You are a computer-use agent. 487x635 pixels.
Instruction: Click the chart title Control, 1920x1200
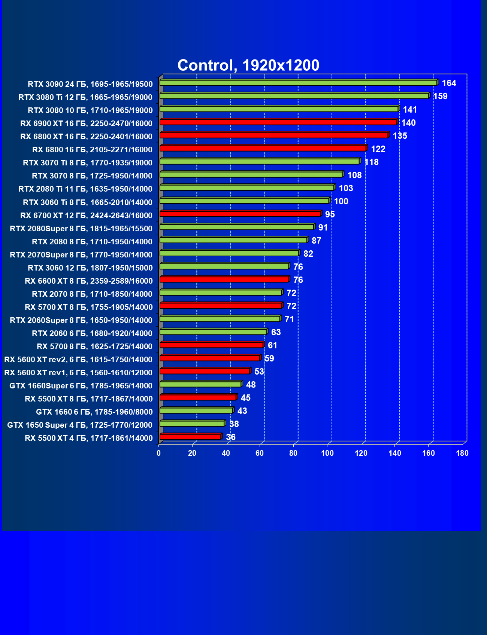pyautogui.click(x=248, y=65)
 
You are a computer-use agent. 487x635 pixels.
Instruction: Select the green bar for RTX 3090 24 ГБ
pyautogui.click(x=298, y=83)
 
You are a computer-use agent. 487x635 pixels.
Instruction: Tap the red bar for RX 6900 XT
pyautogui.click(x=278, y=122)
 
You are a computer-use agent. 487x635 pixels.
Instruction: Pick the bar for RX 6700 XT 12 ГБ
pyautogui.click(x=240, y=214)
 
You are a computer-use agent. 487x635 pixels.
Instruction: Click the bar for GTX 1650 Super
pyautogui.click(x=192, y=424)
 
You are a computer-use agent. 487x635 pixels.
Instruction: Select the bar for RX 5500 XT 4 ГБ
pyautogui.click(x=190, y=437)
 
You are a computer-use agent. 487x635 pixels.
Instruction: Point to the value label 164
pyautogui.click(x=449, y=83)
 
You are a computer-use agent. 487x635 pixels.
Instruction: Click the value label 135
pyautogui.click(x=400, y=136)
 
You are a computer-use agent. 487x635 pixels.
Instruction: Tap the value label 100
pyautogui.click(x=341, y=202)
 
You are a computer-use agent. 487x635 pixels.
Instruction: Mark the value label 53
pyautogui.click(x=259, y=372)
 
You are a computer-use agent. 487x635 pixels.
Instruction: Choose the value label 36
pyautogui.click(x=230, y=437)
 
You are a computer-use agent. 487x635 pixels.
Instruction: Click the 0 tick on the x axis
pyautogui.click(x=159, y=454)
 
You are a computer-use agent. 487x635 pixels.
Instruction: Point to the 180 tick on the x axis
pyautogui.click(x=462, y=454)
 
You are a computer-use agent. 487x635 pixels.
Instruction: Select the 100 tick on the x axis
pyautogui.click(x=327, y=454)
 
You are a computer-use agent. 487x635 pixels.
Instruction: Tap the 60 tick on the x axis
pyautogui.click(x=260, y=454)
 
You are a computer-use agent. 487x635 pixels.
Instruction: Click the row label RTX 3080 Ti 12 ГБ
pyautogui.click(x=85, y=97)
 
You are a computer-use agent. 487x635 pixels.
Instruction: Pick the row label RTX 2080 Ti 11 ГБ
pyautogui.click(x=85, y=189)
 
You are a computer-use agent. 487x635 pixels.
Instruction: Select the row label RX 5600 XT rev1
pyautogui.click(x=78, y=373)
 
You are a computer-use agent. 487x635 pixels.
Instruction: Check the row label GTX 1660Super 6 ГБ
pyautogui.click(x=81, y=386)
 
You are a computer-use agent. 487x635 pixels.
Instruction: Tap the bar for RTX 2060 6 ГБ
pyautogui.click(x=213, y=332)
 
